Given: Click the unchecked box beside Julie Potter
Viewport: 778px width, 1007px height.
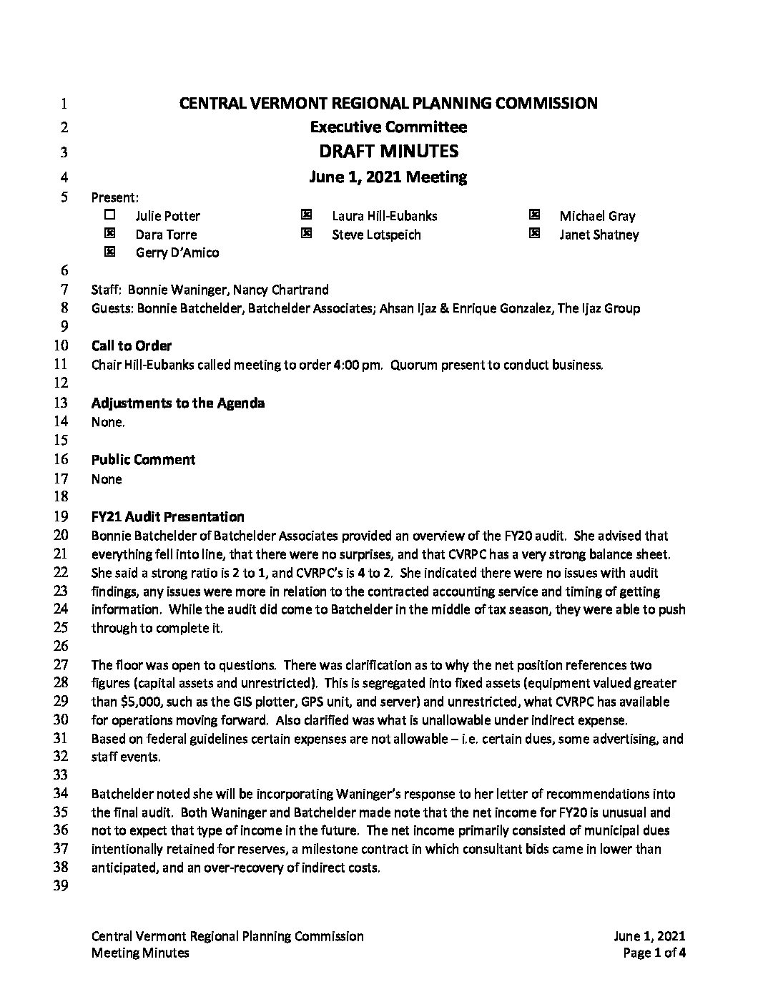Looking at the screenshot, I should click(109, 215).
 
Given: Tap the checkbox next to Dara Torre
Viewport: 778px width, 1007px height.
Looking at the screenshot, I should click(109, 233).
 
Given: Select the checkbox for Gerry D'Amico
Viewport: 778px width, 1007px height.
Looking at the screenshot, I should click(109, 252).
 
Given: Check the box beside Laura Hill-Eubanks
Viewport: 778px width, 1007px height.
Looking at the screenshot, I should click(307, 215).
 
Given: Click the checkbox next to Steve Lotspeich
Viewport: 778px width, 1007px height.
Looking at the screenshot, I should click(307, 233).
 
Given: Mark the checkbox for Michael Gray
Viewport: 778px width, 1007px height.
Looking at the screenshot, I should click(534, 215).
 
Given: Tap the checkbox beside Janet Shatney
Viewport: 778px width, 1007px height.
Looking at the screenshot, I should click(534, 233).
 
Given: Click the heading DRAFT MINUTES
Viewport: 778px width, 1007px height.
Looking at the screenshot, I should click(388, 152).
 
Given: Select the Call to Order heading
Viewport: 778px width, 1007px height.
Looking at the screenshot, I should click(132, 346).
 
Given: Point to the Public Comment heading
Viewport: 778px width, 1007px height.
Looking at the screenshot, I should click(143, 460).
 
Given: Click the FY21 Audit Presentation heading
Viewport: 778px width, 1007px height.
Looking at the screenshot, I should click(167, 517).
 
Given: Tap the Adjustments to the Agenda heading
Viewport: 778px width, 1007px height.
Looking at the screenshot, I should click(178, 403).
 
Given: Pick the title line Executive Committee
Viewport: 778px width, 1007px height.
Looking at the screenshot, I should click(388, 127).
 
